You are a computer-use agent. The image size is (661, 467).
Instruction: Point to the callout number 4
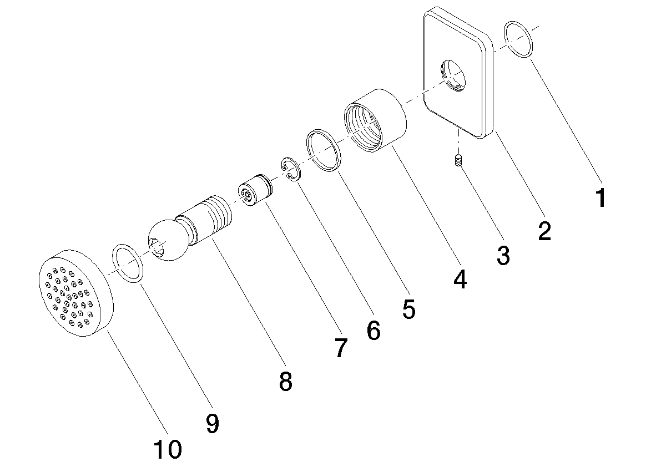[x=460, y=279]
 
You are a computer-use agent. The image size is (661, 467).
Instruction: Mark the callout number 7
[x=341, y=348]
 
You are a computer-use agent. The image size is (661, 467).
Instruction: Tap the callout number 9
[x=213, y=423]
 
